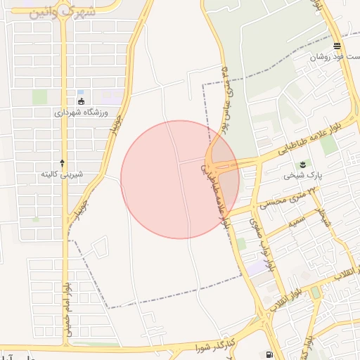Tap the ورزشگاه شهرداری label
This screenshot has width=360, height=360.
pyautogui.click(x=79, y=112)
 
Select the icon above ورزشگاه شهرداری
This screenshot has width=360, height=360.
pyautogui.click(x=81, y=101)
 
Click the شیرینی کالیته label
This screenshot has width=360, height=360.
pyautogui.click(x=62, y=173)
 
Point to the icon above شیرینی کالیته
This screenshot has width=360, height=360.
pyautogui.click(x=63, y=162)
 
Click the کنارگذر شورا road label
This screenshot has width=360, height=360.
pyautogui.click(x=219, y=342)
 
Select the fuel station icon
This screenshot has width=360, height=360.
pyautogui.click(x=269, y=354)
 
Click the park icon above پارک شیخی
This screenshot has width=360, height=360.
pyautogui.click(x=304, y=164)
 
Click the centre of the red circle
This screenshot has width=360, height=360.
pyautogui.click(x=180, y=179)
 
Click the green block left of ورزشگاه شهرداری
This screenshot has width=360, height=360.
pyautogui.click(x=40, y=97)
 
